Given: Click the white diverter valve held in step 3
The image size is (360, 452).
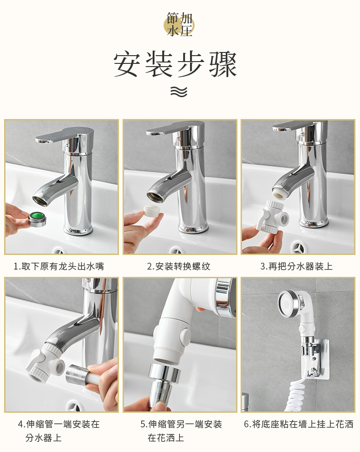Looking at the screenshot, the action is click(x=272, y=216).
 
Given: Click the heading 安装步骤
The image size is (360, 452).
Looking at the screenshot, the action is click(x=175, y=65).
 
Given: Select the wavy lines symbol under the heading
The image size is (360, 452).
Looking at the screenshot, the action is click(x=179, y=92).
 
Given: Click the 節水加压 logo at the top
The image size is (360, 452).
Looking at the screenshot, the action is click(x=180, y=25).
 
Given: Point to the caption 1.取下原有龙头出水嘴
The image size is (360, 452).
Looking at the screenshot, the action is click(x=59, y=266).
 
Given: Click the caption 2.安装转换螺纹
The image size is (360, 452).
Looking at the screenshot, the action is click(x=179, y=266).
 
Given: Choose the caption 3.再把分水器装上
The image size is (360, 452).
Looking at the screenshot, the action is click(x=296, y=266).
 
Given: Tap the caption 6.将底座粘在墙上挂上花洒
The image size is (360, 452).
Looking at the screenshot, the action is click(x=298, y=424).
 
